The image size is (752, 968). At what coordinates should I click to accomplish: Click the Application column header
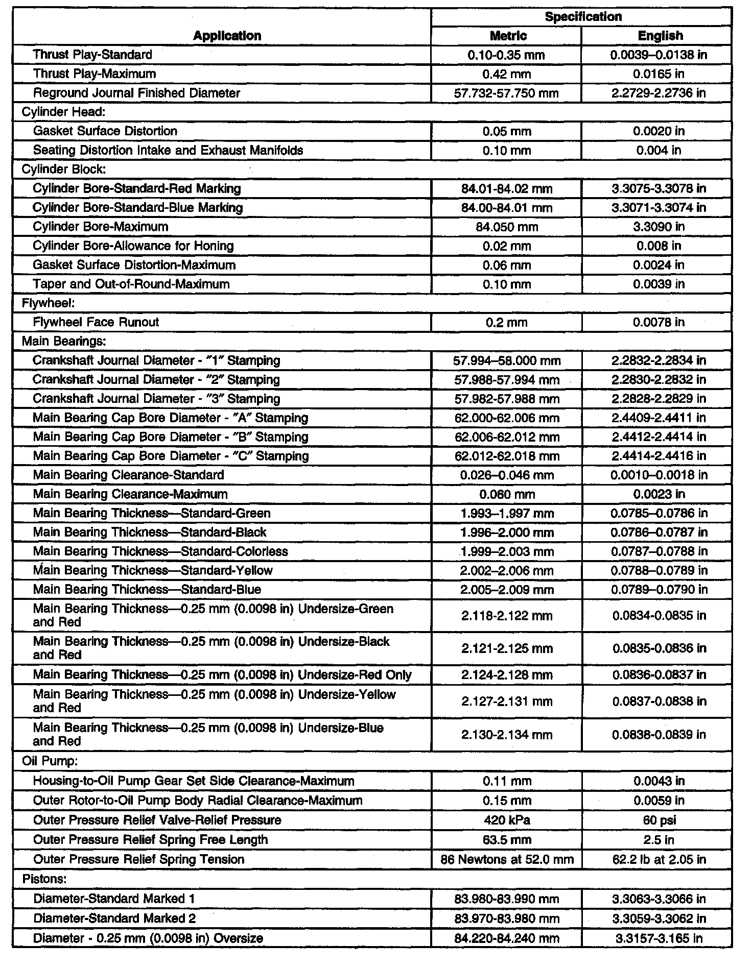coord(227,36)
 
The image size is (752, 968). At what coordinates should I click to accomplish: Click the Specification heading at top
coord(583,17)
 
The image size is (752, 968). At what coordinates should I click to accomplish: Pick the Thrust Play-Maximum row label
coord(95,74)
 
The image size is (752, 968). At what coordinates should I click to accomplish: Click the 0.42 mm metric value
coord(507,74)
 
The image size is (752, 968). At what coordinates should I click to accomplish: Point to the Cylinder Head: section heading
coord(63,112)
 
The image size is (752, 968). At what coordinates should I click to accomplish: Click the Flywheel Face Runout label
coord(96,322)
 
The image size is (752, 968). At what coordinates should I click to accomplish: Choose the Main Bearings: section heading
coord(63,341)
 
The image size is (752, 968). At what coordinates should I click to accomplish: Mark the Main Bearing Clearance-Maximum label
coord(130,494)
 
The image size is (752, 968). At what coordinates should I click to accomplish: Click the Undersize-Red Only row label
coord(222,675)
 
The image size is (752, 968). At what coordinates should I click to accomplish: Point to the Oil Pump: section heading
coord(50,761)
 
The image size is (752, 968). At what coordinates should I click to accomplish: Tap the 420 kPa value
coord(507,820)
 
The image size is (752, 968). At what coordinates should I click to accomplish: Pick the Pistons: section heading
coord(45,879)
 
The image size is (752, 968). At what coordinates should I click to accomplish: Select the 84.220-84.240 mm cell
coord(507,938)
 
